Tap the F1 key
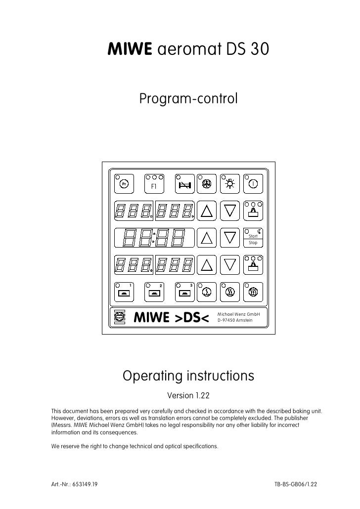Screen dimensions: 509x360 point(154,186)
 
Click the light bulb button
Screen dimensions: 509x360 point(230,185)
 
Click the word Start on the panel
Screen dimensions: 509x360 point(253,237)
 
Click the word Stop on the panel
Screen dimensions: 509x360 point(253,243)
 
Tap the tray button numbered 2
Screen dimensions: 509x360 point(154,292)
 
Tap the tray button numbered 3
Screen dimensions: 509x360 point(184,292)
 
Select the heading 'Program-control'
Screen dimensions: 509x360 point(188,99)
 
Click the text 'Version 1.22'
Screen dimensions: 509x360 point(188,395)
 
